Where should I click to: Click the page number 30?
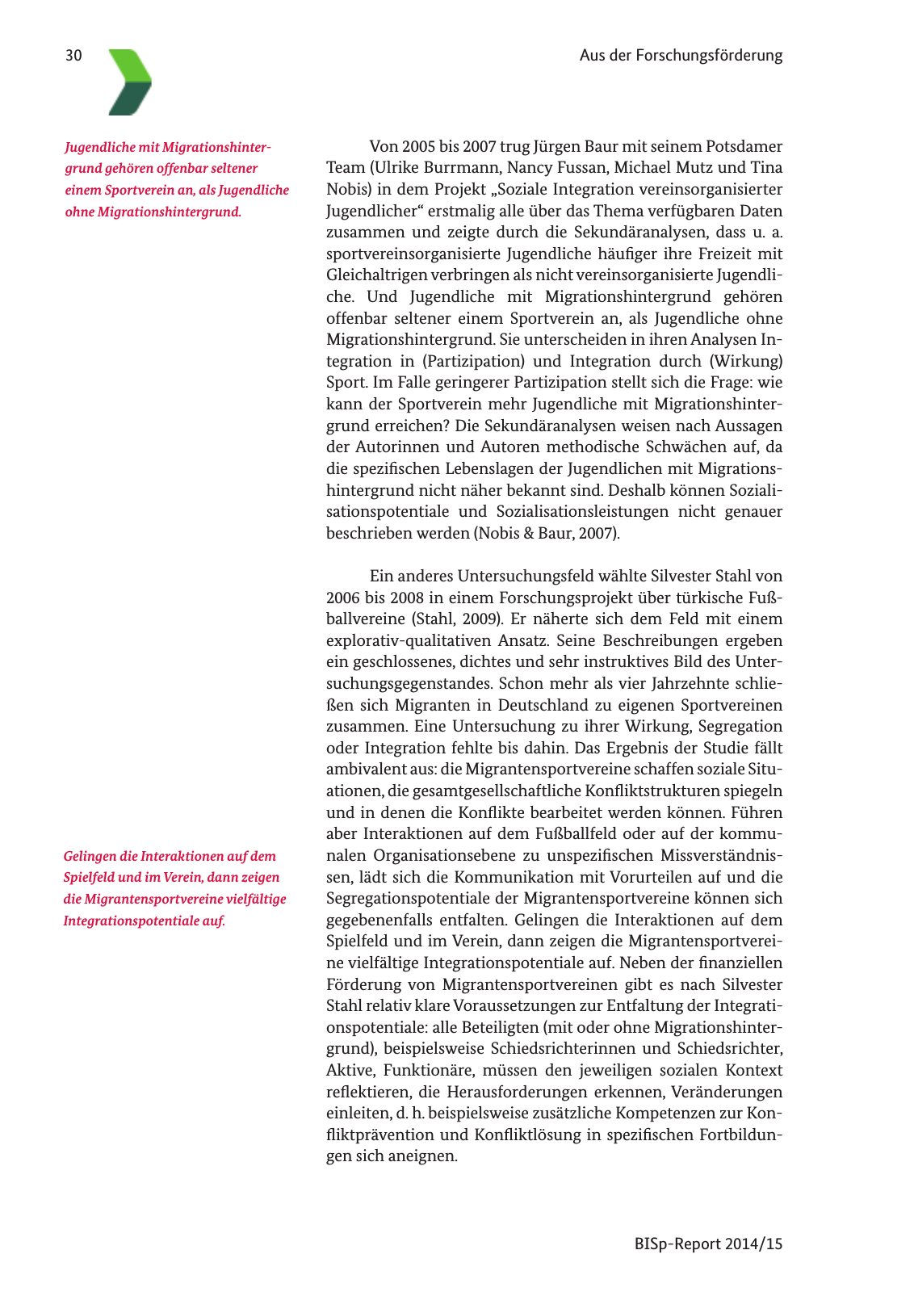(73, 56)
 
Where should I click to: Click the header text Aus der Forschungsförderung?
(681, 56)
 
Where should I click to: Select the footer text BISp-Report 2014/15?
(708, 1244)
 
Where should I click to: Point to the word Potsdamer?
(744, 147)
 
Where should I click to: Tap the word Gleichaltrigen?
(376, 275)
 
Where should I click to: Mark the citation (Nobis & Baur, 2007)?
(547, 533)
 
